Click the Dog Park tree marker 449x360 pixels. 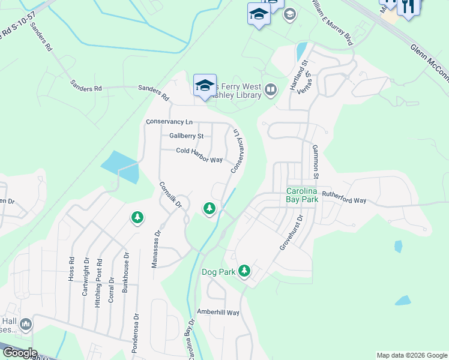click(x=244, y=271)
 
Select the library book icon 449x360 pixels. click(x=271, y=91)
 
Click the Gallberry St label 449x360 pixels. click(x=186, y=136)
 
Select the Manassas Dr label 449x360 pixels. click(x=157, y=245)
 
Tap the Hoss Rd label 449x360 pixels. click(x=71, y=269)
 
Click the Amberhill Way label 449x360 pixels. click(x=218, y=313)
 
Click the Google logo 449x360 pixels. click(x=19, y=353)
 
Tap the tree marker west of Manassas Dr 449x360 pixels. click(x=138, y=217)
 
